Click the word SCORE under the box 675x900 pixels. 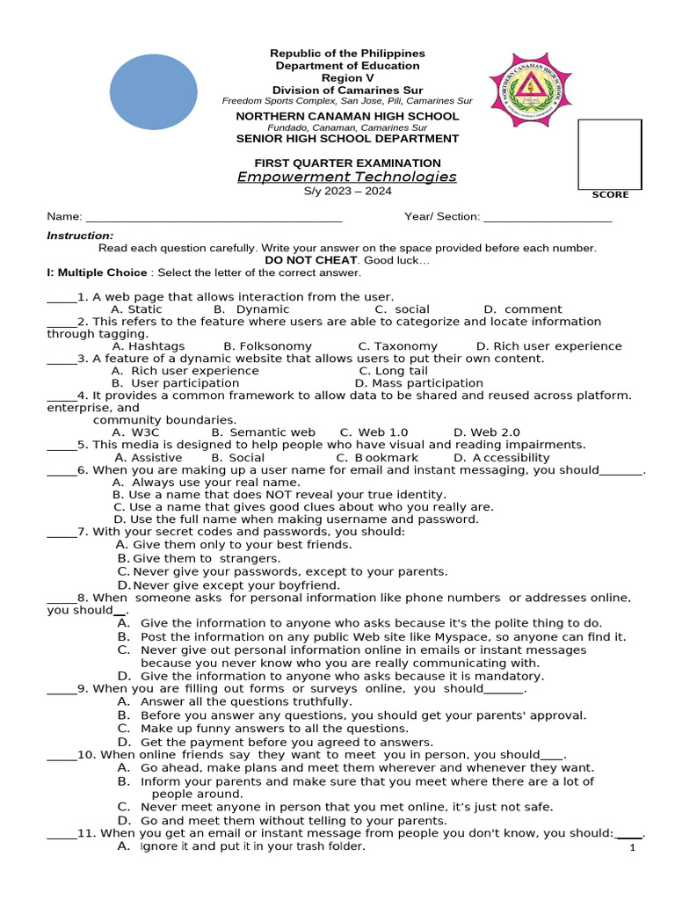coord(609,194)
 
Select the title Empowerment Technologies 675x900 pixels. coord(347,177)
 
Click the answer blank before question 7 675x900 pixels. coord(62,532)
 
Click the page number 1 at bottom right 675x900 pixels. coord(633,848)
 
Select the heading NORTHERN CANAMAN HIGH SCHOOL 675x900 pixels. coord(347,116)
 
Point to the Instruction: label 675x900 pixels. coord(80,236)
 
